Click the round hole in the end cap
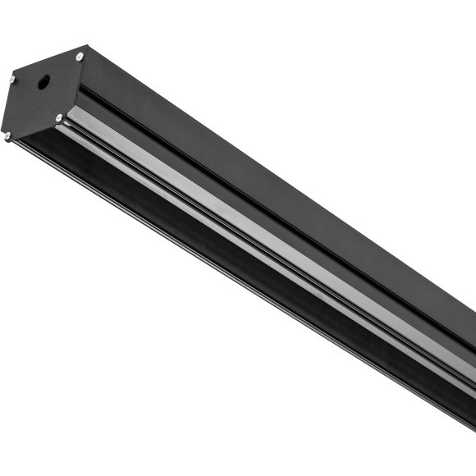click(43, 82)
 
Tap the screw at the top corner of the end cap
click(80, 57)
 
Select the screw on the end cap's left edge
click(11, 80)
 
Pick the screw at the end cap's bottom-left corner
click(7, 136)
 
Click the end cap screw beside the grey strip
click(59, 118)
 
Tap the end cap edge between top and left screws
click(46, 67)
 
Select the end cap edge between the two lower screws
click(33, 128)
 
